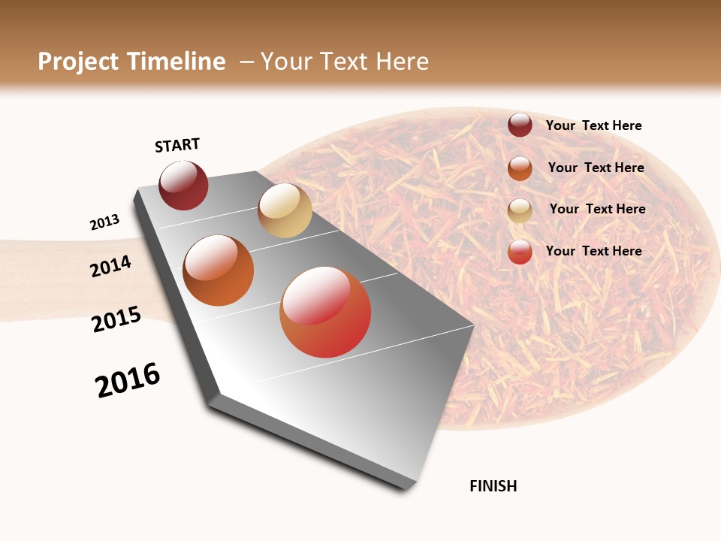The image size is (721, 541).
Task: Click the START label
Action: [x=177, y=145]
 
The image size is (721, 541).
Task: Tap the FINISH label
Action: [x=493, y=486]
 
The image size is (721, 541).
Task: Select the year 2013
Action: [x=104, y=222]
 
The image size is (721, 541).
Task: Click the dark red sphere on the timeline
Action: [x=183, y=186]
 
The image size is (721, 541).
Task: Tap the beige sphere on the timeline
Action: [x=285, y=210]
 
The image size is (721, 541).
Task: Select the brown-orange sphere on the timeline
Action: [x=219, y=270]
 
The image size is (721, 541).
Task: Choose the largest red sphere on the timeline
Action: [x=325, y=312]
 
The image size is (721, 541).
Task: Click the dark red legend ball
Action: [x=520, y=125]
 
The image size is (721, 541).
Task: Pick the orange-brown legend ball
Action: [x=520, y=168]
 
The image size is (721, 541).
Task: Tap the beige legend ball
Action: [x=520, y=210]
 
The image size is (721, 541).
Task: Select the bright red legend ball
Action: [x=520, y=252]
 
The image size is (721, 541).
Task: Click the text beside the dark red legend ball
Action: [x=593, y=125]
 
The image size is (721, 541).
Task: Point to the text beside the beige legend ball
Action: [x=597, y=209]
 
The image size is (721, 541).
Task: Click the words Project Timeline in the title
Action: [x=131, y=62]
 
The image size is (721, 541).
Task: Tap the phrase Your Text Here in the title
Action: [x=345, y=62]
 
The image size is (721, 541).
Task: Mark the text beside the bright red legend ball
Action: [x=593, y=251]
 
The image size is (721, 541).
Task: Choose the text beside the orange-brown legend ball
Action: [x=596, y=168]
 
